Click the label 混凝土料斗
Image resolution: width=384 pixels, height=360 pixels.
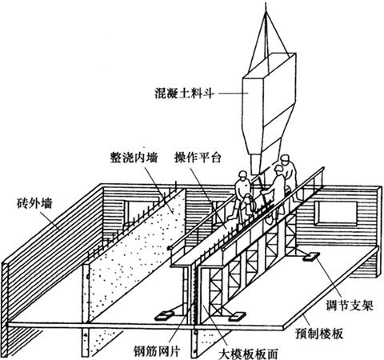(185, 94)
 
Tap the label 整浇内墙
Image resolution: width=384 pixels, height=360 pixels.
(134, 158)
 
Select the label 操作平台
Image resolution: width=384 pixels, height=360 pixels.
(198, 158)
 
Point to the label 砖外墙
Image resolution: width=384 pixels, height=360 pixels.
(34, 203)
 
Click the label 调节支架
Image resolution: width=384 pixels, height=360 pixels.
(350, 305)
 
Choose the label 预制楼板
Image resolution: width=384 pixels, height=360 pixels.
(318, 333)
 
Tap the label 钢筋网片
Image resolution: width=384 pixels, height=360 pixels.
(157, 352)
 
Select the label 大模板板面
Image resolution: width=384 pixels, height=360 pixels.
(248, 354)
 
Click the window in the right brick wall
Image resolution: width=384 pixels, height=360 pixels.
(336, 214)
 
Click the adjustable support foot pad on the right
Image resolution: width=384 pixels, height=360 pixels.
(311, 256)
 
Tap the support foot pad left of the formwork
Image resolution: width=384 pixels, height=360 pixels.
(163, 315)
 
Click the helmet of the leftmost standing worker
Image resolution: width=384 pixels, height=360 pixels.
(242, 174)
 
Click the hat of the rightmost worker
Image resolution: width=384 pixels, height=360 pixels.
(284, 158)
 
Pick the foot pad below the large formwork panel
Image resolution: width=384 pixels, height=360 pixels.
(237, 316)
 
